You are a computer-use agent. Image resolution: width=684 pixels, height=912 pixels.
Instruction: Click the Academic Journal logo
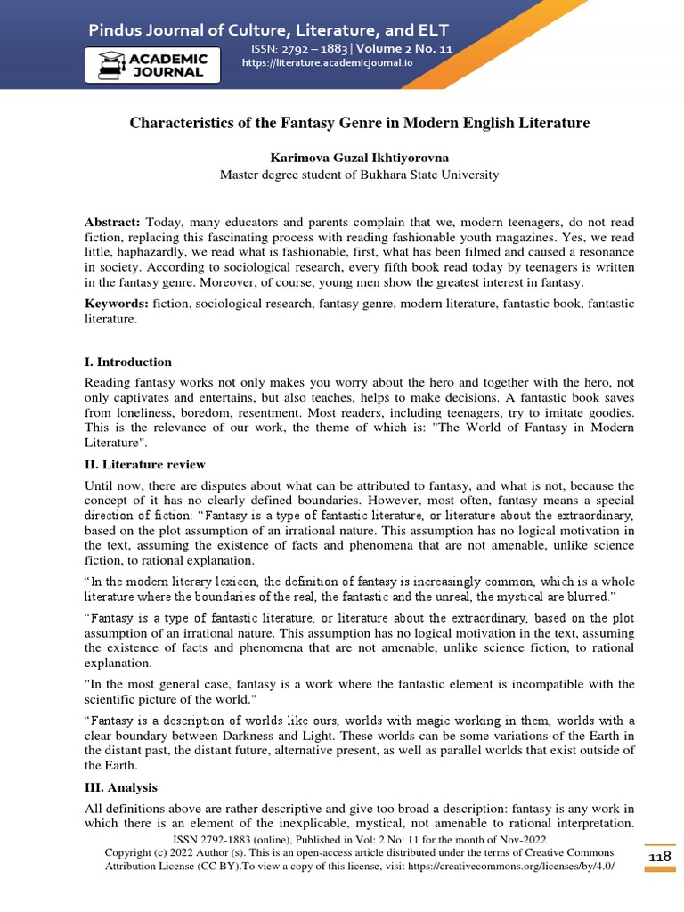[x=151, y=64]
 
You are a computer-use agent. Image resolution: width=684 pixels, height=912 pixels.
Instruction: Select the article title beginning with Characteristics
[x=360, y=123]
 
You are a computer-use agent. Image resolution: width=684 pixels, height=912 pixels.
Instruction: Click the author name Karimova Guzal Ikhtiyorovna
[x=360, y=157]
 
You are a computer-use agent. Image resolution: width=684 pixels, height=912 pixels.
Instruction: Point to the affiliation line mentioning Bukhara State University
[x=360, y=175]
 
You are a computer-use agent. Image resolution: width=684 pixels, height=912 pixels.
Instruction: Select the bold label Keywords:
[x=117, y=304]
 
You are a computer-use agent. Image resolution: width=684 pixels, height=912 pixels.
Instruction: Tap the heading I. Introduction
[x=128, y=362]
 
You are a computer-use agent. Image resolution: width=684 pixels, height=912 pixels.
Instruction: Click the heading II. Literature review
[x=145, y=464]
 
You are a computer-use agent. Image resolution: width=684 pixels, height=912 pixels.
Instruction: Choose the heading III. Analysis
[x=122, y=788]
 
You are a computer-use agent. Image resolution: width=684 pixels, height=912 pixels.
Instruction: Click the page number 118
[x=660, y=855]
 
